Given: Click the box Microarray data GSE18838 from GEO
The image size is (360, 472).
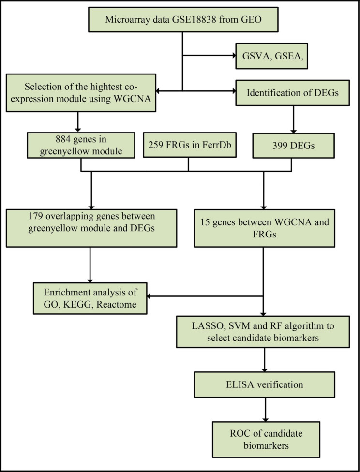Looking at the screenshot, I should (182, 20).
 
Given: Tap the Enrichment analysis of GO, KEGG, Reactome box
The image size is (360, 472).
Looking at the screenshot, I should (90, 298).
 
